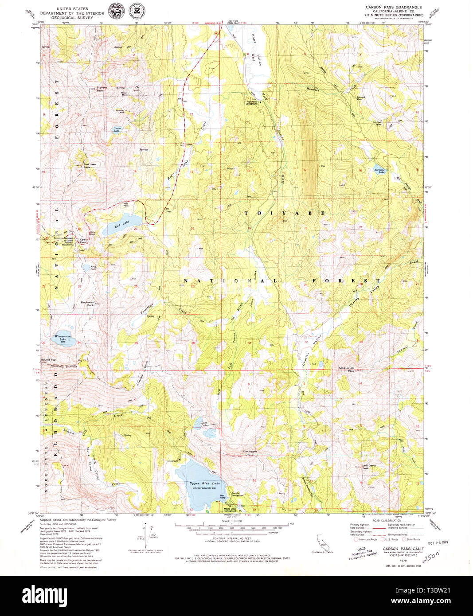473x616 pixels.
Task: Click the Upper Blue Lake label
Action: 204,483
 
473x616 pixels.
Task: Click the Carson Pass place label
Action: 84,241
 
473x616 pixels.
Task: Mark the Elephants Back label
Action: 87,304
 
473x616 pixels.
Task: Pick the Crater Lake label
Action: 117,130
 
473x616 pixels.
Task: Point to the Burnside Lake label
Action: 379,171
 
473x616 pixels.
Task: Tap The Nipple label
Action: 250,451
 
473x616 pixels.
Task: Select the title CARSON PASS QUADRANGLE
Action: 394,8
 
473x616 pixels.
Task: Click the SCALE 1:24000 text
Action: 233,522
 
